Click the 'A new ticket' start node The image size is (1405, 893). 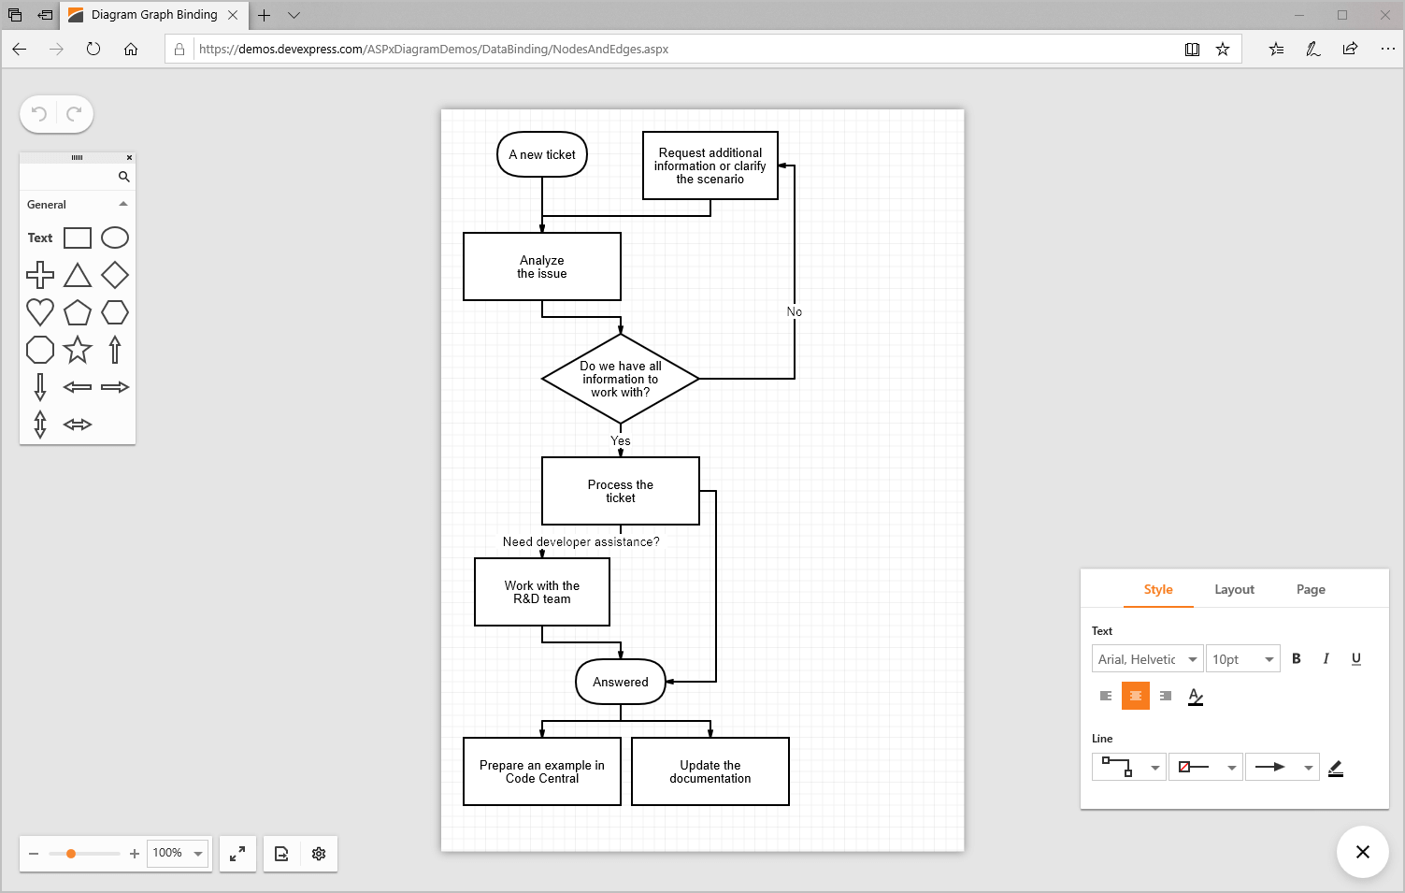542,154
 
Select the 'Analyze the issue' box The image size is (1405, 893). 542,266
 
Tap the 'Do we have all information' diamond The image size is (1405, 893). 621,379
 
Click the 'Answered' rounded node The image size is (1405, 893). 621,682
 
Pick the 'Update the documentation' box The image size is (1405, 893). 710,771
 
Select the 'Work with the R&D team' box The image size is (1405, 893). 542,592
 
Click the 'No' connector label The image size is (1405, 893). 795,311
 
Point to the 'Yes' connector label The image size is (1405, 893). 621,440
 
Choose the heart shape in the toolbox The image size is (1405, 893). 40,311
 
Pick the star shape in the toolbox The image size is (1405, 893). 78,350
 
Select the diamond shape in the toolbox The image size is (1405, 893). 115,275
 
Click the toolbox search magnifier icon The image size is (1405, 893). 123,177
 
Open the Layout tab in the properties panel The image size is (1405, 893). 1234,589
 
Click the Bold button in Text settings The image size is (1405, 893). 1297,658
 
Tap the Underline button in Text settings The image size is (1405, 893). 1355,658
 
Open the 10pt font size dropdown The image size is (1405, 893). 1242,659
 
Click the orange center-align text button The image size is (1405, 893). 1136,696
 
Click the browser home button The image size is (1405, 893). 131,49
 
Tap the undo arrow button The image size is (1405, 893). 39,114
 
